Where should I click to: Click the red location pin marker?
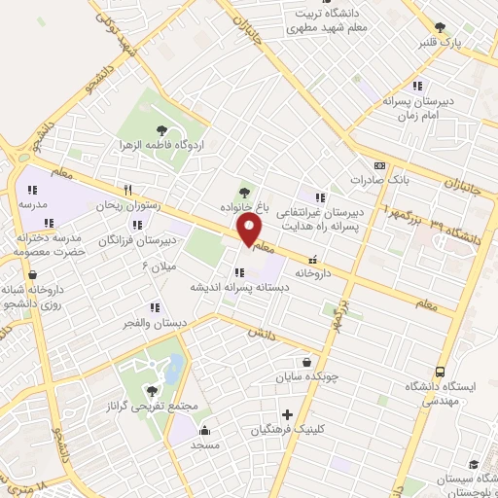pos(250,231)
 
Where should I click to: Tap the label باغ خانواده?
pos(244,206)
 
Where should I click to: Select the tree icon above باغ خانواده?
pos(244,191)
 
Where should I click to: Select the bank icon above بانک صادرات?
pos(378,165)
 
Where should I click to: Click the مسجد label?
pos(203,444)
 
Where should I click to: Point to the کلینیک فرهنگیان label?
pos(287,429)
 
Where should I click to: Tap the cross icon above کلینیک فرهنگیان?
pos(287,413)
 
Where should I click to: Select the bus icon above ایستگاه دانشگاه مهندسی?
pos(440,372)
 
